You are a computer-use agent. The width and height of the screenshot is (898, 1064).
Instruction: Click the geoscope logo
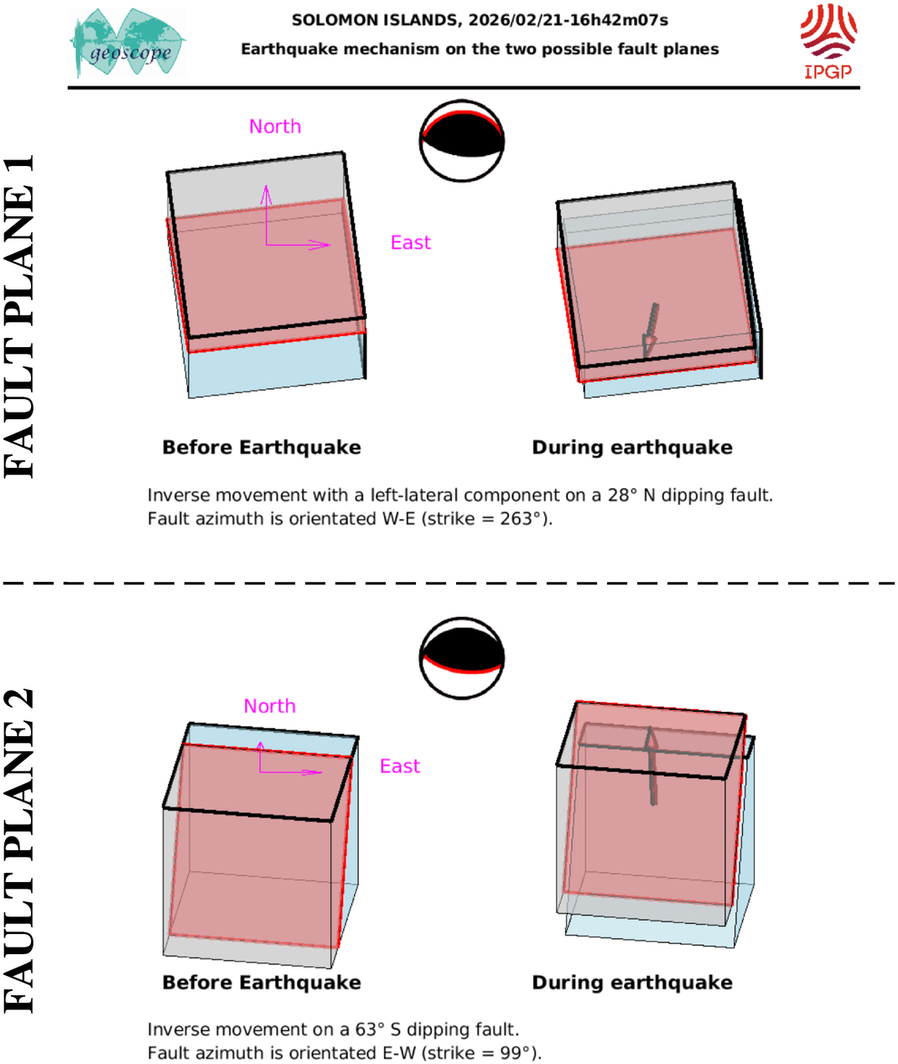127,43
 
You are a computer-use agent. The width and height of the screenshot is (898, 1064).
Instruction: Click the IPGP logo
828,42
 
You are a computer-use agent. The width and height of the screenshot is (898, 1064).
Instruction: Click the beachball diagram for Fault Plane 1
462,141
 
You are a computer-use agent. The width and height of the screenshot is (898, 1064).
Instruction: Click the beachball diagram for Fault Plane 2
462,658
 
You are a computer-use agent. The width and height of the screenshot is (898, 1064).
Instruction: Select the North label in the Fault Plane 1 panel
275,127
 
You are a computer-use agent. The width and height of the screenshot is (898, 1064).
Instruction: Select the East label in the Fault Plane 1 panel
411,242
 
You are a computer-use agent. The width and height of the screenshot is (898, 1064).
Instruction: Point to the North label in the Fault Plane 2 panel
270,706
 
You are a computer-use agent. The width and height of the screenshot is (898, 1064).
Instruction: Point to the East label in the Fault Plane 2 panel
400,766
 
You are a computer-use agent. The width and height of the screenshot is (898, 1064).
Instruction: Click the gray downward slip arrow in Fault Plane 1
650,330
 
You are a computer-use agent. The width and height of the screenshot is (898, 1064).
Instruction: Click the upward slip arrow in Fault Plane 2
651,766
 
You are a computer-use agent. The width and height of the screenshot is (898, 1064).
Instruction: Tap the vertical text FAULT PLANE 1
19,317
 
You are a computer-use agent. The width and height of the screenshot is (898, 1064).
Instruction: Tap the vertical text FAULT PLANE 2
19,851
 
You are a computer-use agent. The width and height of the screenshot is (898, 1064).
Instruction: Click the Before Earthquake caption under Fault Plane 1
262,448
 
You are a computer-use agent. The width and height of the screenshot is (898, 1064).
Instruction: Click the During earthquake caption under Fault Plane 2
632,983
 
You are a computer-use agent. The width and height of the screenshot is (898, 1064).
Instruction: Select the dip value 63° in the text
370,1030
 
